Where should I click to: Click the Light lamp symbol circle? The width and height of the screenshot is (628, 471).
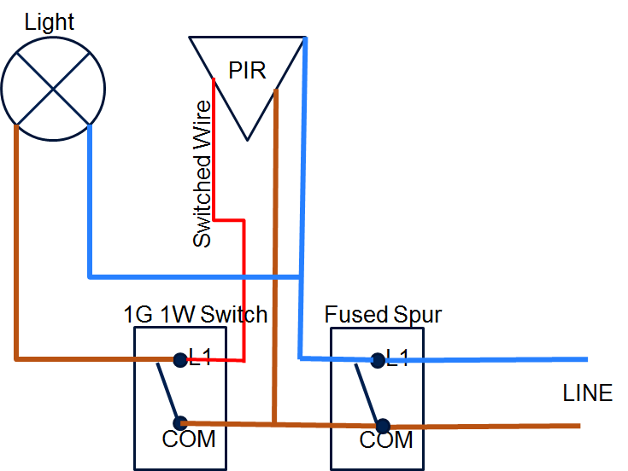pos(53,88)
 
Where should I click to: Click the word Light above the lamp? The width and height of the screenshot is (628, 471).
pos(50,22)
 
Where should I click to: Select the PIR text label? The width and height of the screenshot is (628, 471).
pos(247,70)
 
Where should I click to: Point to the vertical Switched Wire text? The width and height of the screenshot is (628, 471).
pos(202,174)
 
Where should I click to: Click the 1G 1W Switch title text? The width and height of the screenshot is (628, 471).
pos(196,314)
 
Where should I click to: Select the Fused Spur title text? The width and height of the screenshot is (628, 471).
pos(383,314)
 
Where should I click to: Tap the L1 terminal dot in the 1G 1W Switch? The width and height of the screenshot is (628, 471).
pos(179,360)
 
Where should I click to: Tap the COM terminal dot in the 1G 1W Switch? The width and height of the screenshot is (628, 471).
pos(179,422)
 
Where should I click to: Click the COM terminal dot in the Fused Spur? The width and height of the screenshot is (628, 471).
pos(383,425)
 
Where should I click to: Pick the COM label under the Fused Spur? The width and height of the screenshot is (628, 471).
pos(386,441)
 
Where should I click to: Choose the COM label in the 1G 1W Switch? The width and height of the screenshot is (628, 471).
pos(188,440)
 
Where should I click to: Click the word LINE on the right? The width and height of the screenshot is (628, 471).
pos(587,393)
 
